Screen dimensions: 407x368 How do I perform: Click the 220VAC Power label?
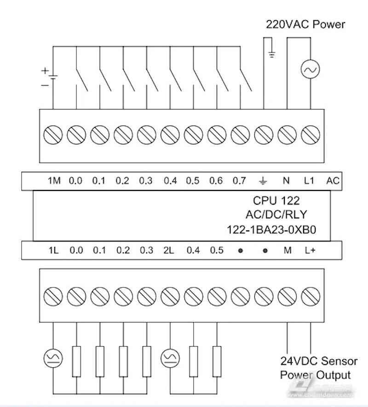305,24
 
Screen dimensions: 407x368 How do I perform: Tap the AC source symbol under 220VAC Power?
310,70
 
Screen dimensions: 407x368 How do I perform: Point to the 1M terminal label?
54,181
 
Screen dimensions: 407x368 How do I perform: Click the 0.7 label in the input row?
239,181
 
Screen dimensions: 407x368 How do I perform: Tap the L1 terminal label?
309,181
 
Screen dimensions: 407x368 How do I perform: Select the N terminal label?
286,181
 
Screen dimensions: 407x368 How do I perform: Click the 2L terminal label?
169,251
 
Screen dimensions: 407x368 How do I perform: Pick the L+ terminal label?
310,251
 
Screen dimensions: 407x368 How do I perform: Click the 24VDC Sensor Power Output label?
318,367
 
